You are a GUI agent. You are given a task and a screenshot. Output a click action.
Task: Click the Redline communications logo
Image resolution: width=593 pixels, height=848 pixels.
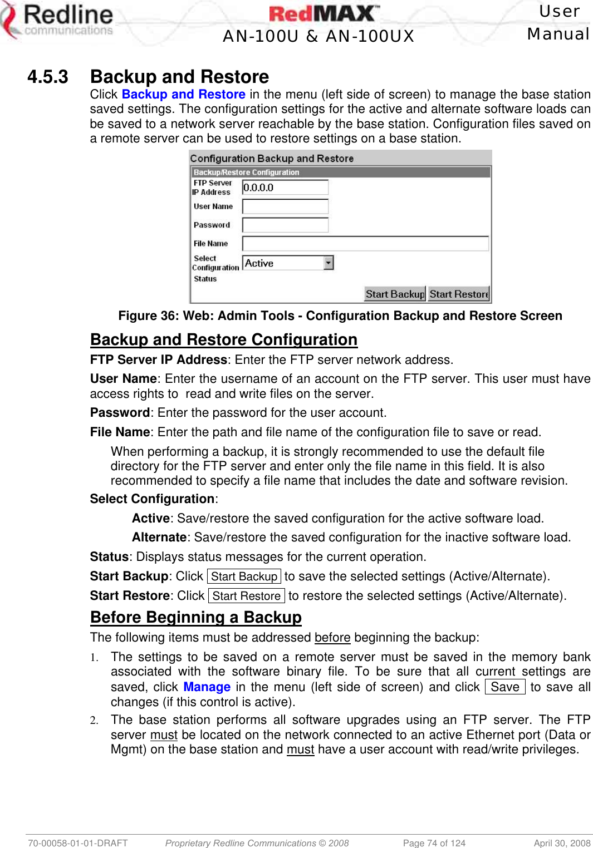pyautogui.click(x=58, y=21)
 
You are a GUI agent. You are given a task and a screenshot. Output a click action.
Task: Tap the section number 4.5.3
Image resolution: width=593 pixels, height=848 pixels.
pyautogui.click(x=48, y=77)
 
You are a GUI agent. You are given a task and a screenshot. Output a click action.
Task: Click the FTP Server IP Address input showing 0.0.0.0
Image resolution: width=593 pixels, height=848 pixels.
pyautogui.click(x=285, y=188)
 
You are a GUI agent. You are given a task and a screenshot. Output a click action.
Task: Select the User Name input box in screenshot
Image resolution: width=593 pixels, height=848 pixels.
pyautogui.click(x=285, y=206)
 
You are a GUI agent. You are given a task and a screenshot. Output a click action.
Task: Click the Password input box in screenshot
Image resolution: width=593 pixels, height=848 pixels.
pyautogui.click(x=285, y=225)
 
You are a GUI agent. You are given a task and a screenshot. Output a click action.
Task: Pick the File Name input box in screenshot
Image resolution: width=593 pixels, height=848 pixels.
pyautogui.click(x=365, y=244)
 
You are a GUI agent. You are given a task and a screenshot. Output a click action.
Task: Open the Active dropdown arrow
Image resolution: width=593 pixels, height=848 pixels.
pyautogui.click(x=329, y=263)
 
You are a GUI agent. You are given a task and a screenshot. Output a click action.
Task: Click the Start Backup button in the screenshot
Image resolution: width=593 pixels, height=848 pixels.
pyautogui.click(x=395, y=294)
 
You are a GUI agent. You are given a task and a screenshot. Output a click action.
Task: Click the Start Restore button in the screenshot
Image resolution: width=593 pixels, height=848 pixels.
pyautogui.click(x=459, y=294)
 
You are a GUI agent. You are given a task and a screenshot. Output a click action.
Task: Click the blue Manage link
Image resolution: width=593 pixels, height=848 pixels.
pyautogui.click(x=207, y=687)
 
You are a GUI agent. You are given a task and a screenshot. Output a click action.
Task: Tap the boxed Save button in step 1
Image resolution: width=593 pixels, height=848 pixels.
pyautogui.click(x=504, y=687)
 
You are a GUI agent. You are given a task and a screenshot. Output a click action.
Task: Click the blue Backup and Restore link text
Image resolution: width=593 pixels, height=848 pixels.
pyautogui.click(x=183, y=95)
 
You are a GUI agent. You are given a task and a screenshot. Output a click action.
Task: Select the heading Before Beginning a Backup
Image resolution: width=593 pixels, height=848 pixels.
pyautogui.click(x=196, y=617)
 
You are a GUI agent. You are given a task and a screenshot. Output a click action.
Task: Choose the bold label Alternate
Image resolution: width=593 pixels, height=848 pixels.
pyautogui.click(x=159, y=538)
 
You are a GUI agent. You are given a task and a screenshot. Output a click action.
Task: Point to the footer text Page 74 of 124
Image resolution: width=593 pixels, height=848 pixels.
pyautogui.click(x=434, y=843)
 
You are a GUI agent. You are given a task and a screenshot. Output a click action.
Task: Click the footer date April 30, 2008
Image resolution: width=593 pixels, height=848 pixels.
pyautogui.click(x=562, y=843)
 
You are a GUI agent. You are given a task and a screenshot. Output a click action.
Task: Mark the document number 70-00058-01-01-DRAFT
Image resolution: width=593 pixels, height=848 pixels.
pyautogui.click(x=78, y=843)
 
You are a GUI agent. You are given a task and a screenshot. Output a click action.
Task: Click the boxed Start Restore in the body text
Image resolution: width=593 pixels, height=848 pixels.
pyautogui.click(x=246, y=596)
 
